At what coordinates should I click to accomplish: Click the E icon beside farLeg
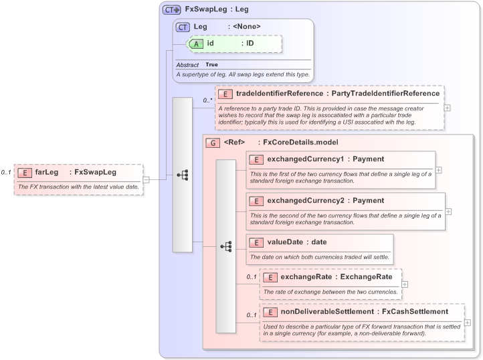[x=25, y=172]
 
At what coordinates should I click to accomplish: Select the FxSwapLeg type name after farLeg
[x=96, y=172]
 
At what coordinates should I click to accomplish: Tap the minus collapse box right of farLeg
[x=146, y=179]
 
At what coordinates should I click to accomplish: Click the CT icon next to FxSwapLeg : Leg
[x=172, y=10]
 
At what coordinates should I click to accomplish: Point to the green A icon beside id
[x=196, y=43]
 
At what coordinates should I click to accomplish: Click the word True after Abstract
[x=211, y=64]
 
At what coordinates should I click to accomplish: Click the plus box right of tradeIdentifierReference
[x=447, y=107]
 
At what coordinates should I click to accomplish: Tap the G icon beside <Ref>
[x=212, y=143]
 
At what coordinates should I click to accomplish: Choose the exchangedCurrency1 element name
[x=306, y=159]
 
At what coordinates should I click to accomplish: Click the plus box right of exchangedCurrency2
[x=448, y=211]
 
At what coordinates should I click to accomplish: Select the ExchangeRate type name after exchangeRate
[x=366, y=276]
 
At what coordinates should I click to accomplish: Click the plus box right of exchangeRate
[x=404, y=284]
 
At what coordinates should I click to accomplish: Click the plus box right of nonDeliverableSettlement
[x=467, y=323]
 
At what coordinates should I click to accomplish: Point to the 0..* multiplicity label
[x=207, y=100]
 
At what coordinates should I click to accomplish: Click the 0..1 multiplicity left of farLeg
[x=6, y=172]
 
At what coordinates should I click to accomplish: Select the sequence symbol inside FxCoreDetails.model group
[x=226, y=246]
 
